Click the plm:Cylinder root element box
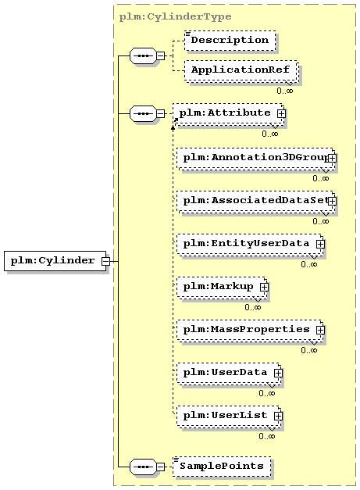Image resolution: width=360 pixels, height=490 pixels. [x=55, y=260]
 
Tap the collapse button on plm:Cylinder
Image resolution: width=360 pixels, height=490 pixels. [x=106, y=261]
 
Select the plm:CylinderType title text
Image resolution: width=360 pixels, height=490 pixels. [x=175, y=16]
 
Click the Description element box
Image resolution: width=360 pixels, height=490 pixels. [x=230, y=41]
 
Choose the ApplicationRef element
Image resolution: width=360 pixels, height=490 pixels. [x=241, y=70]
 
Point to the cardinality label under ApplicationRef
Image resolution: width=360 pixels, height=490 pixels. [x=285, y=91]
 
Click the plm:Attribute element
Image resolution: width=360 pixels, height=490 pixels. [x=229, y=114]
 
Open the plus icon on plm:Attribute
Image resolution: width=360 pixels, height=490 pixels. [x=281, y=114]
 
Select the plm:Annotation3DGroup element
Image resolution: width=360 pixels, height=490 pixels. [x=255, y=159]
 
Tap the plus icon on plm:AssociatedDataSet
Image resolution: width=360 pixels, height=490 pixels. [x=332, y=201]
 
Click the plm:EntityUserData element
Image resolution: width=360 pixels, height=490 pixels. [x=250, y=245]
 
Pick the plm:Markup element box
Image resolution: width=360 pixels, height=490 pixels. [x=222, y=288]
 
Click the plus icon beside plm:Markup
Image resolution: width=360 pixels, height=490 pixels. [x=264, y=287]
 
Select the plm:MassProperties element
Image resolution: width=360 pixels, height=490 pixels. [x=250, y=331]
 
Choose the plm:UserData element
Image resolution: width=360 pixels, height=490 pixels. [x=229, y=374]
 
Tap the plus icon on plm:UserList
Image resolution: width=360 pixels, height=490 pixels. [x=278, y=416]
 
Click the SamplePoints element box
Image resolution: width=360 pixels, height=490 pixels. [x=222, y=467]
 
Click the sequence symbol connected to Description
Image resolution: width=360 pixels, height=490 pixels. [x=143, y=56]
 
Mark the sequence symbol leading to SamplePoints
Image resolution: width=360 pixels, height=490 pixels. [x=143, y=467]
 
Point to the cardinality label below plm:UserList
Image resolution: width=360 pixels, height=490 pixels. [x=266, y=436]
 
